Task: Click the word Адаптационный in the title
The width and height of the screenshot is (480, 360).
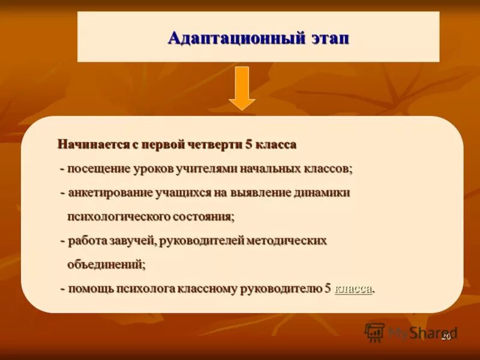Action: (x=218, y=38)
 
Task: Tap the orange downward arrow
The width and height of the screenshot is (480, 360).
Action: (x=242, y=88)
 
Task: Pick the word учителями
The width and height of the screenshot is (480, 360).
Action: (x=207, y=169)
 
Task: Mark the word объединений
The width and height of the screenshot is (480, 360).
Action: (x=106, y=264)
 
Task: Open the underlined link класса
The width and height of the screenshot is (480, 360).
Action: (x=353, y=289)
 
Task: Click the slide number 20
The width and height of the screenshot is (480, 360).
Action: (x=446, y=337)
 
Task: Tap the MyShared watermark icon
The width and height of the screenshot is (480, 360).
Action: (x=374, y=332)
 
